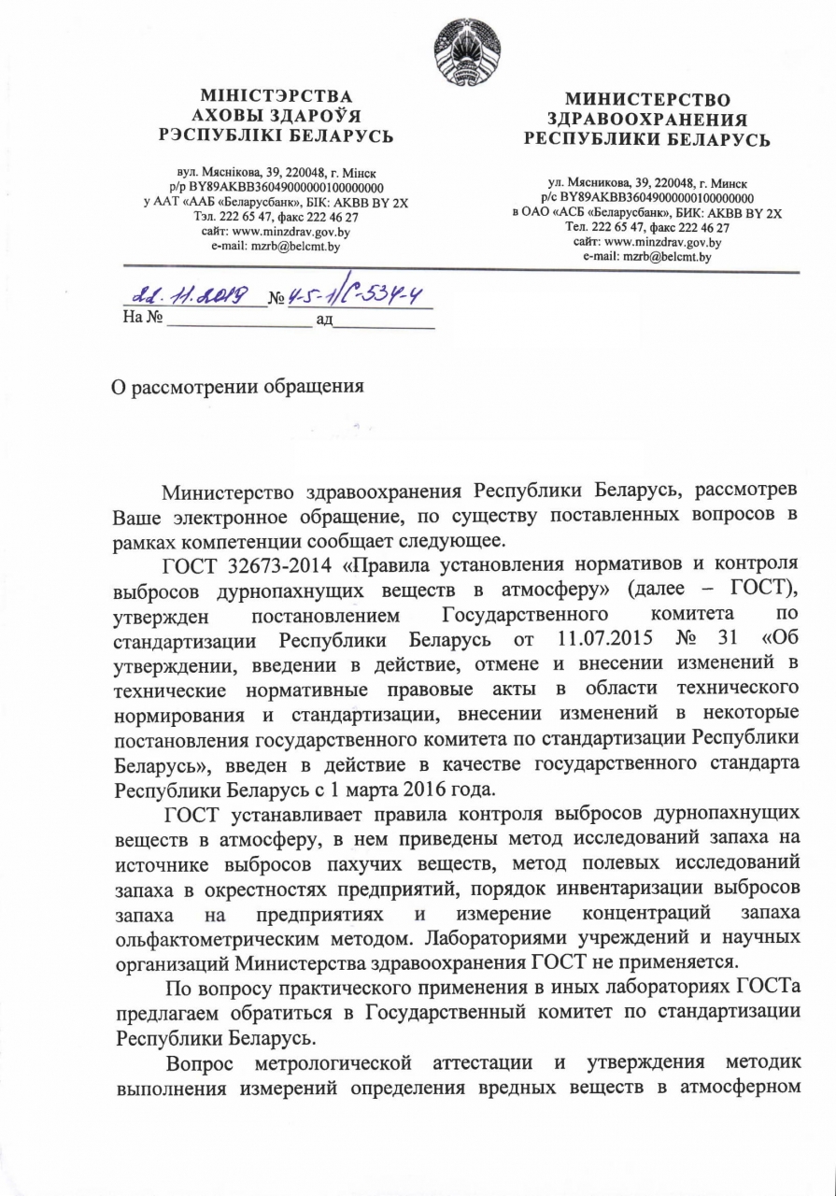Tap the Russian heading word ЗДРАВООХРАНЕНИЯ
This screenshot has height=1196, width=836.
click(647, 119)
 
